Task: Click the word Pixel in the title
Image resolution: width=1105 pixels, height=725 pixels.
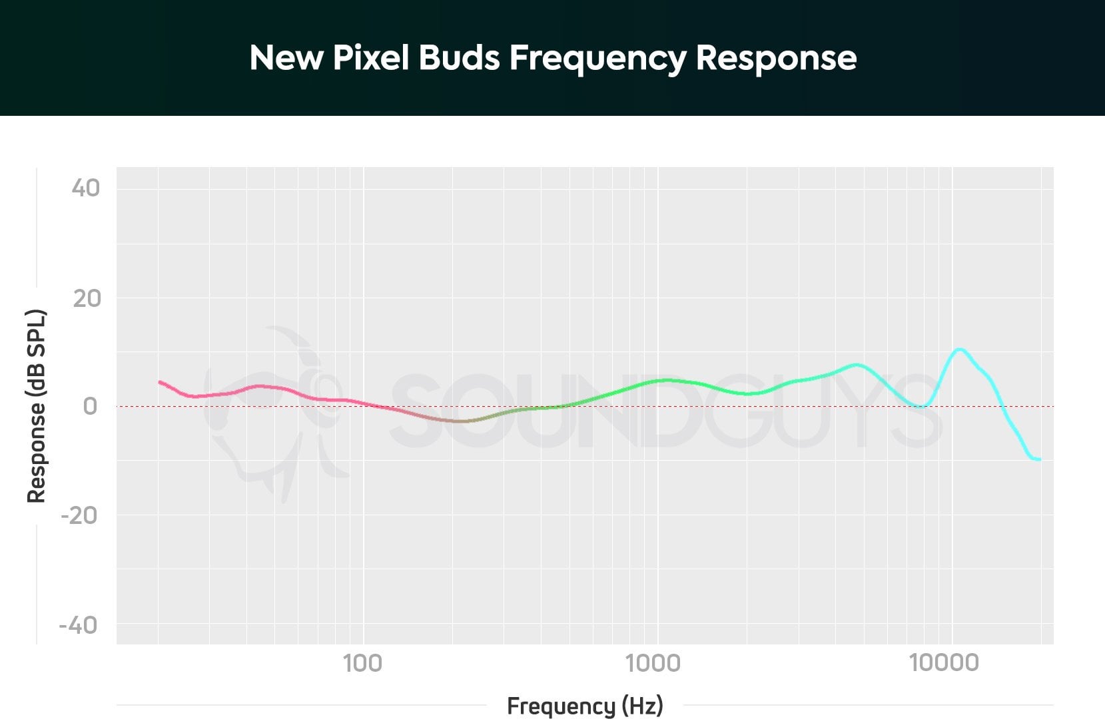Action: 370,58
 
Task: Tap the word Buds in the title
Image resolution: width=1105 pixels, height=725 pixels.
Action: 459,58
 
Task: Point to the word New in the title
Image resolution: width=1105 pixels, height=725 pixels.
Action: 286,58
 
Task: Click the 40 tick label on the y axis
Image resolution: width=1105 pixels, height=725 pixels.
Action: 86,188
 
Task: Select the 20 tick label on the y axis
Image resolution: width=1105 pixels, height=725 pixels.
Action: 87,298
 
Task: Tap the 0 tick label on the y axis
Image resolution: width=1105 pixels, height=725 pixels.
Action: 90,406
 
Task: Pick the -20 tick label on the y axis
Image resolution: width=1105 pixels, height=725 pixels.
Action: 79,515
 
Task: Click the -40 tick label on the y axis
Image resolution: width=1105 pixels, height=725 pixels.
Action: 79,625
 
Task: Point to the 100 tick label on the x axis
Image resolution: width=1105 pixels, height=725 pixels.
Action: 362,663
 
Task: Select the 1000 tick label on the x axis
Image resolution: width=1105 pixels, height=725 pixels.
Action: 653,663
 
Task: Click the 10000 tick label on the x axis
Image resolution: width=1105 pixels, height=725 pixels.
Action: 944,663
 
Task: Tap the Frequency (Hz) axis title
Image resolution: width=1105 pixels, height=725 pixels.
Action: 585,706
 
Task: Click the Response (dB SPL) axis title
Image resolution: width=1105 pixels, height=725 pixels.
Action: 36,406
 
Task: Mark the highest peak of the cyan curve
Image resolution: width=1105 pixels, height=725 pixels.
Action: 959,349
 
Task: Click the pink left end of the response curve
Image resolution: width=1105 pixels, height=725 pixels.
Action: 160,382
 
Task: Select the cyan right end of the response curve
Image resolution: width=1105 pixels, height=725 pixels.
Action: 1039,459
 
